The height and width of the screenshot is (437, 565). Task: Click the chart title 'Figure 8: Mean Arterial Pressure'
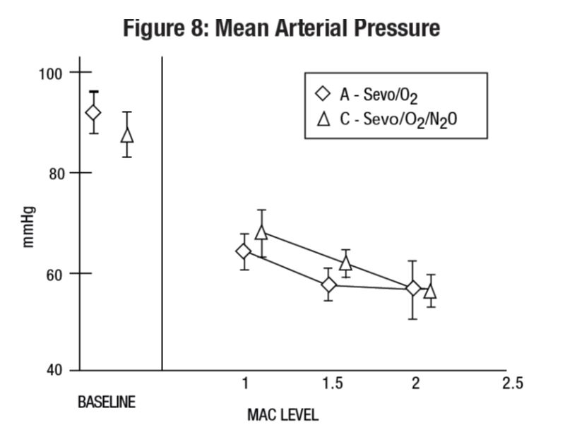281,28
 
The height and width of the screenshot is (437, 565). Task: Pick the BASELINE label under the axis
106,403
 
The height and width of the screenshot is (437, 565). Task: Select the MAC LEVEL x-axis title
282,415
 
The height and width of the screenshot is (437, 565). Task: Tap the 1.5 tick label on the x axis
331,384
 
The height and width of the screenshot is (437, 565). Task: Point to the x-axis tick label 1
245,384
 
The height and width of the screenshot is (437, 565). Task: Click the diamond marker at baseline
93,113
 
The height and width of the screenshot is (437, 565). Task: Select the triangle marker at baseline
127,134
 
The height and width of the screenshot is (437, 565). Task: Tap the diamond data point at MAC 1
244,251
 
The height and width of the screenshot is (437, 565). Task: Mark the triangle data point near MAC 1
261,232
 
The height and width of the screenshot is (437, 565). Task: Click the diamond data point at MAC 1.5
328,285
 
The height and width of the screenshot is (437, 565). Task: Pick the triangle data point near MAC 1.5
346,263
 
